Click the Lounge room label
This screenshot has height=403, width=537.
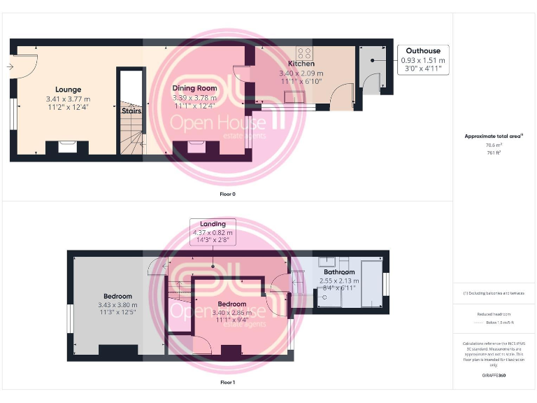click(68, 90)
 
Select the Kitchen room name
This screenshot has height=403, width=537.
click(301, 64)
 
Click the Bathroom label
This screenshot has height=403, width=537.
click(338, 272)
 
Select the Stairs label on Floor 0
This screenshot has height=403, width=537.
click(131, 111)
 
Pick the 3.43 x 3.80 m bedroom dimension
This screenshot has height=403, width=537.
click(117, 305)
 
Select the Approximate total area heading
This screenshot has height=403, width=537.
click(494, 136)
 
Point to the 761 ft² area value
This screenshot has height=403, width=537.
click(494, 152)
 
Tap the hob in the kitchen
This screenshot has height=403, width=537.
click(305, 53)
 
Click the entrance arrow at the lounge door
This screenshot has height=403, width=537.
click(10, 67)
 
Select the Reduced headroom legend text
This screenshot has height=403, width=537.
click(494, 314)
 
